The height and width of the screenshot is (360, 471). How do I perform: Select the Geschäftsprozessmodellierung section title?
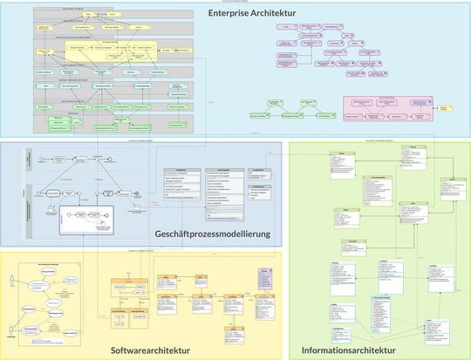click(x=212, y=234)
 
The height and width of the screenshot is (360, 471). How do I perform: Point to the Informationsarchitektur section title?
click(x=349, y=350)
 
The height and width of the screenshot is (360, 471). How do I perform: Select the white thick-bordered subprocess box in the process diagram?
click(x=84, y=221)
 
